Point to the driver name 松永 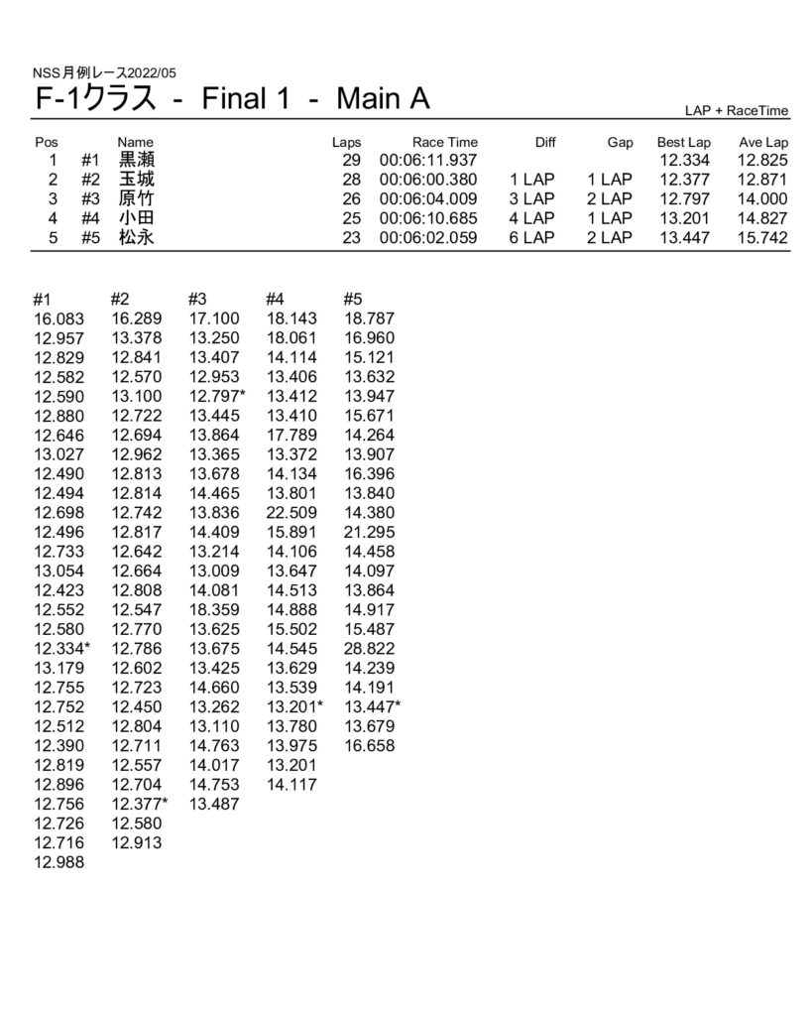point(137,238)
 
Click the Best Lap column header point(684,143)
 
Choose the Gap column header point(621,143)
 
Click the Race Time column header point(445,143)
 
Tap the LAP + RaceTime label point(737,111)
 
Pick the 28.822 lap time point(369,648)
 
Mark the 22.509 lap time point(291,512)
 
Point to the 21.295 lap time point(369,532)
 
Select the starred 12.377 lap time point(140,803)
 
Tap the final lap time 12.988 point(59,861)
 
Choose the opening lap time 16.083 point(59,318)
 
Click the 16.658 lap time point(369,745)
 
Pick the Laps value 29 point(349,161)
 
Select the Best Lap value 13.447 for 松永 point(684,238)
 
